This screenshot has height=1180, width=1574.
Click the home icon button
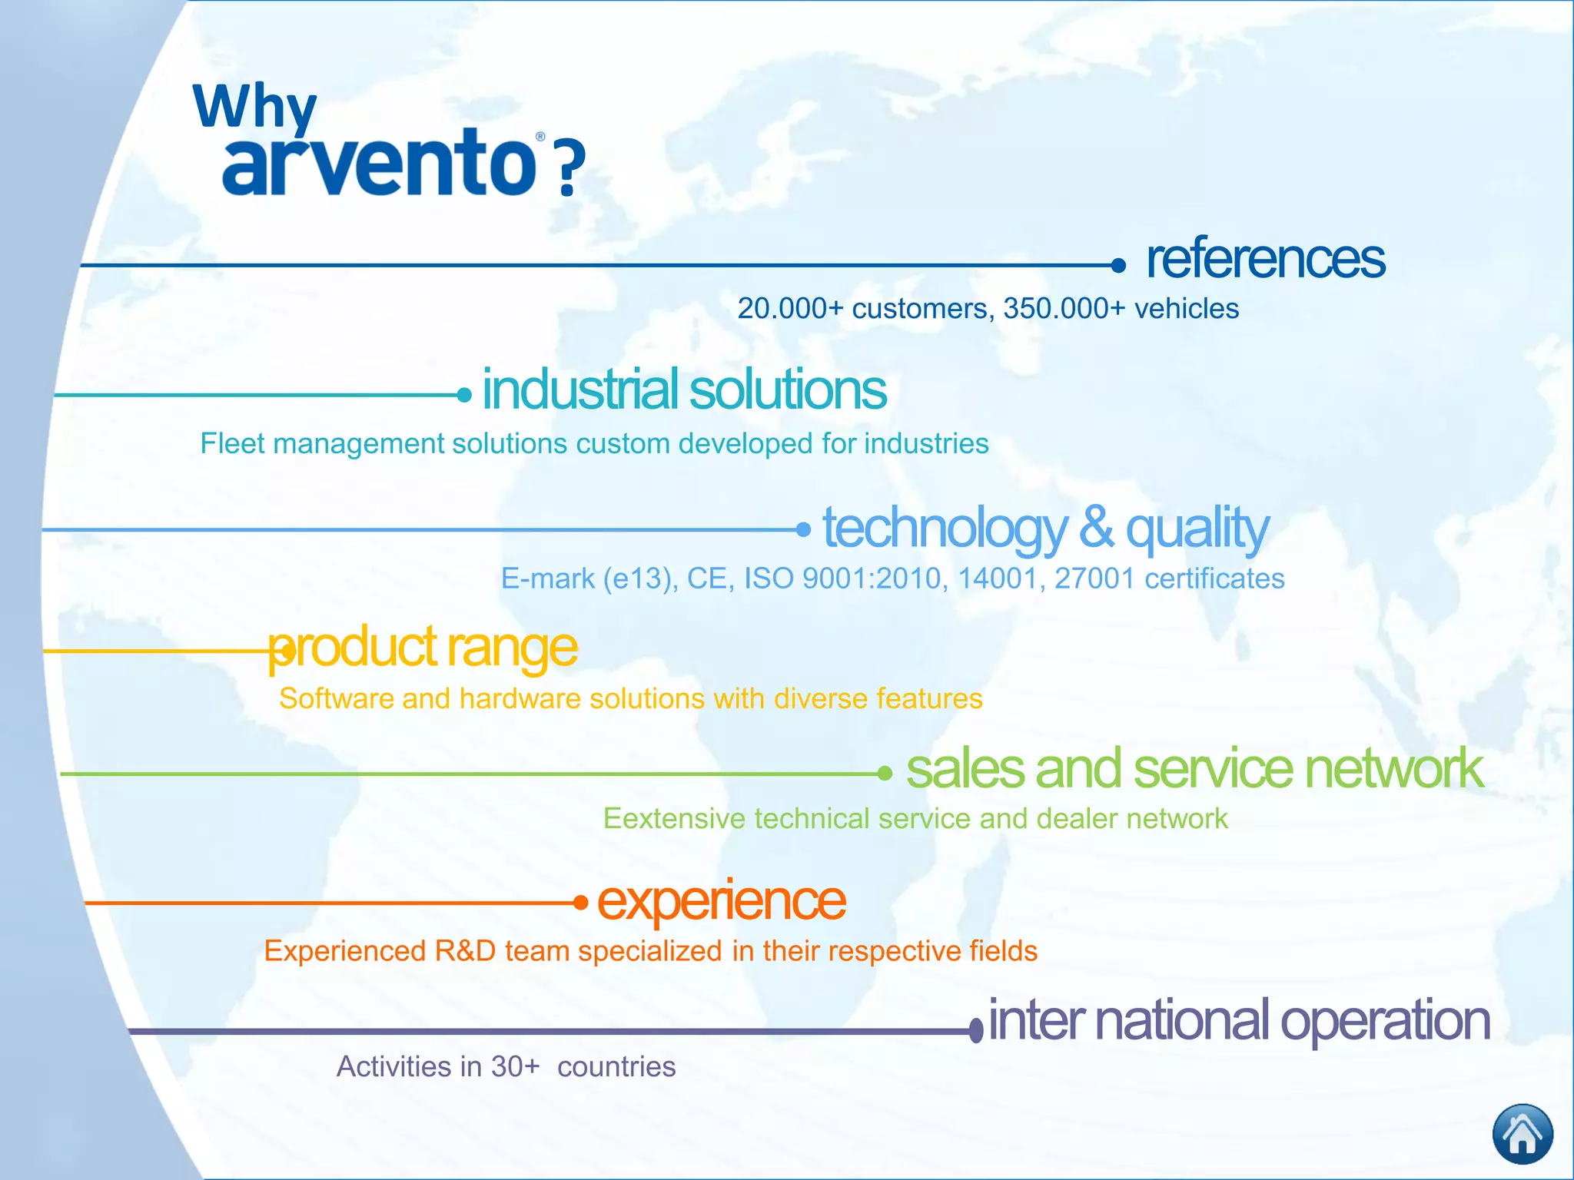[x=1522, y=1134]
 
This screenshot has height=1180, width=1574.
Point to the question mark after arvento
[x=570, y=168]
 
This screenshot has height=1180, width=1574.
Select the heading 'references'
[x=1265, y=259]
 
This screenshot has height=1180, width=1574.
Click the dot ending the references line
[x=1118, y=266]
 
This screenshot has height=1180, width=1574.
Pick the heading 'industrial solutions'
[x=684, y=389]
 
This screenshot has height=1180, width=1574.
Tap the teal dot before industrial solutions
[x=464, y=395]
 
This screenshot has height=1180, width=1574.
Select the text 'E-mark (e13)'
[x=589, y=578]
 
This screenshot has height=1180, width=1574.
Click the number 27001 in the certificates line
[x=1094, y=578]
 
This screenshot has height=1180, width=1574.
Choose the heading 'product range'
[x=423, y=648]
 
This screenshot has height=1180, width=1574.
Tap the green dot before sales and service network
[x=885, y=774]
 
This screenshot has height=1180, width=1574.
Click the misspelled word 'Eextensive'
[x=674, y=819]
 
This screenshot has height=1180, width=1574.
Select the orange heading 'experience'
[x=721, y=900]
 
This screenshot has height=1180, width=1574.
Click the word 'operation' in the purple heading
[x=1385, y=1021]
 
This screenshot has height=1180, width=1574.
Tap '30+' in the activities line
[x=515, y=1066]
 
